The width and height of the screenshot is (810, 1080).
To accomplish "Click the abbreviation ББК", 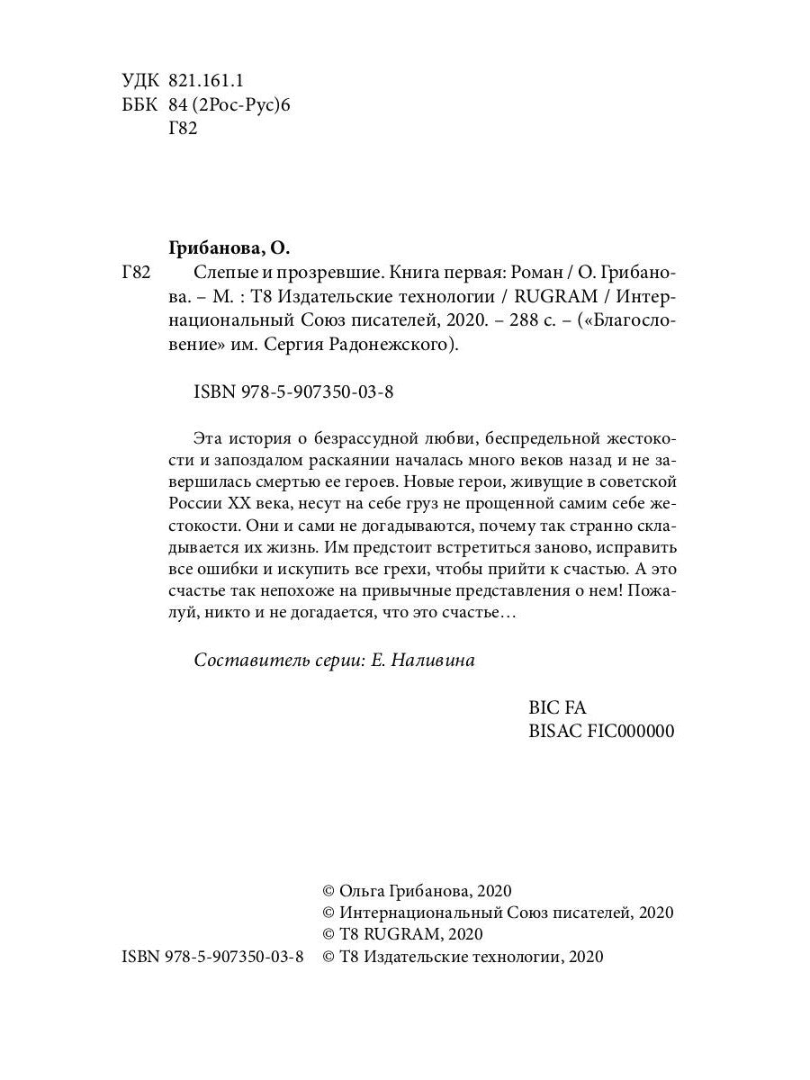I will point(139,104).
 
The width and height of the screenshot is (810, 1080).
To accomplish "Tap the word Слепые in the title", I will point(222,272).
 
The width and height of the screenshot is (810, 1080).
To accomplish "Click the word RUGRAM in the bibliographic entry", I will point(535,297).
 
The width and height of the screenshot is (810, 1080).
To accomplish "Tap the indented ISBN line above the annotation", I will point(294,392).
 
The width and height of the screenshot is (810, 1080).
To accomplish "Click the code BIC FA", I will point(560,707).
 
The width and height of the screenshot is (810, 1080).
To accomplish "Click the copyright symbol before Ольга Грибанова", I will point(328,890).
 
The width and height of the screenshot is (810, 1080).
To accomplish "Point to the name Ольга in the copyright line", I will point(362,890).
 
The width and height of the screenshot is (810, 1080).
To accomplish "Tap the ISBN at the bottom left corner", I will point(212,957).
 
